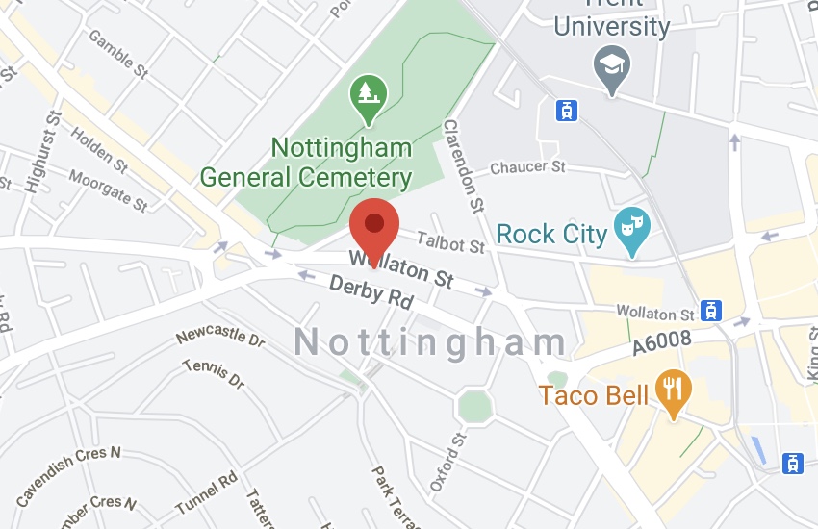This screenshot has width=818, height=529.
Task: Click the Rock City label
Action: pyautogui.click(x=551, y=234)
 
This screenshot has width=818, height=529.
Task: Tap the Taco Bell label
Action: pyautogui.click(x=593, y=395)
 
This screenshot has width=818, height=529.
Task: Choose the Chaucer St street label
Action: pyautogui.click(x=527, y=168)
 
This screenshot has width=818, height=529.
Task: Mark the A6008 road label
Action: pyautogui.click(x=663, y=349)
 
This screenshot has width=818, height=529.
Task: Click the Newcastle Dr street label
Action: pyautogui.click(x=219, y=339)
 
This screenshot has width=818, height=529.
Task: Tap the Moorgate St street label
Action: pyautogui.click(x=108, y=189)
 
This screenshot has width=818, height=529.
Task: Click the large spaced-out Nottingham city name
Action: pyautogui.click(x=431, y=342)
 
